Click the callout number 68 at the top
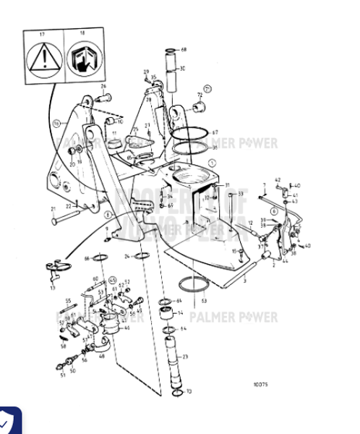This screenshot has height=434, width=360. coord(184,49)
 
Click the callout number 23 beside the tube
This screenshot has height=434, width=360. coord(184,357)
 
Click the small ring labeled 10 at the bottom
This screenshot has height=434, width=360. coord(175,389)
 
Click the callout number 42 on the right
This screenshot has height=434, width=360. coord(278,180)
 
